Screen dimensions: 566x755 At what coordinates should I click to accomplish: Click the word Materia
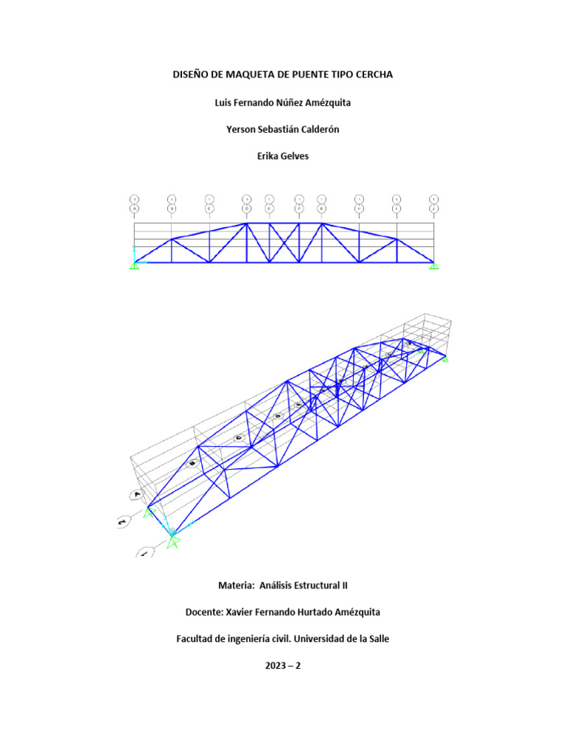tap(236, 585)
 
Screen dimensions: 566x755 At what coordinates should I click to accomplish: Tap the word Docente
tap(203, 612)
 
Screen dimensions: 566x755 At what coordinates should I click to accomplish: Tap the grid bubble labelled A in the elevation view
tap(135, 209)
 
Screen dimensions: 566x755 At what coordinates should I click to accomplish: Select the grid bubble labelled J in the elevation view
tap(434, 209)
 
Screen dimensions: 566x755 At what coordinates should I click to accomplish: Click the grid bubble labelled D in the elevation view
tap(247, 209)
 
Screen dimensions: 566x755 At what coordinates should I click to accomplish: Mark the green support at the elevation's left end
tap(134, 265)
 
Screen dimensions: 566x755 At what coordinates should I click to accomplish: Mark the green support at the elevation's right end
tap(434, 265)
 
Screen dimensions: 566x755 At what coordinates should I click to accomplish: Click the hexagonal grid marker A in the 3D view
tap(136, 495)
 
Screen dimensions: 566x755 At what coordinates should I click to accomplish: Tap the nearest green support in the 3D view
tap(173, 543)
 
